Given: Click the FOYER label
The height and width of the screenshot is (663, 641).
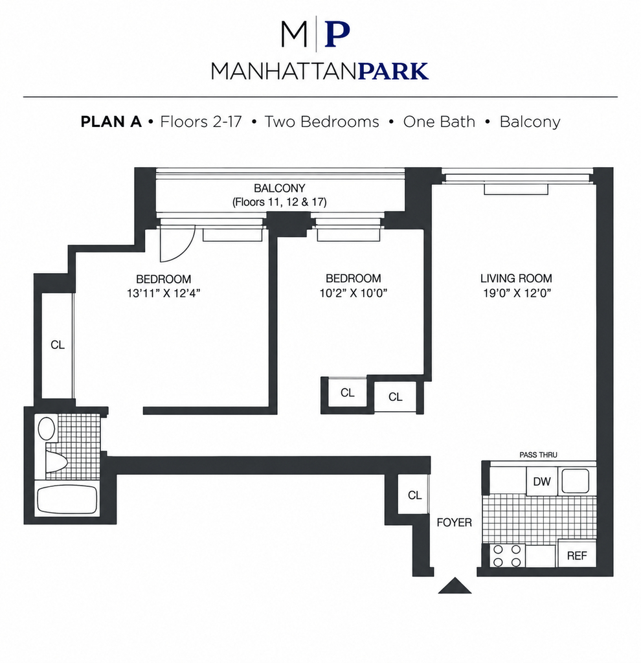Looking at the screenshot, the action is [454, 523].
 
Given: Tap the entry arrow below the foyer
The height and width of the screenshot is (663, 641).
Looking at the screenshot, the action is [455, 585].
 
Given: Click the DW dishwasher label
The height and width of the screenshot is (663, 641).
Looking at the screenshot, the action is [542, 481].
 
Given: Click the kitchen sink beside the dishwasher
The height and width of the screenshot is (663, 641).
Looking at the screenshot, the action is [576, 481].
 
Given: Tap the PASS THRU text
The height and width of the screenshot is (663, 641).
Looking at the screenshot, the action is [538, 455].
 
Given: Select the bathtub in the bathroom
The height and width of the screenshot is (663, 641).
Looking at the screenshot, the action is [67, 499].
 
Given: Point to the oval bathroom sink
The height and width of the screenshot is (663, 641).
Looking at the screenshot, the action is [47, 429].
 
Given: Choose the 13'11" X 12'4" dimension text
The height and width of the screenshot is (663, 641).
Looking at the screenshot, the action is [163, 293].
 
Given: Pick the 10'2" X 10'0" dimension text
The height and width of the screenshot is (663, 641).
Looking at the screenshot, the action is [354, 293].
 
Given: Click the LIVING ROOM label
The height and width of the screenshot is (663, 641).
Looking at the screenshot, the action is [516, 278].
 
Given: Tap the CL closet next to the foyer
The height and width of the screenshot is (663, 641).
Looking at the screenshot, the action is [414, 495].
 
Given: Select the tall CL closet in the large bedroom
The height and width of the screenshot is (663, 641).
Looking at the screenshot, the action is [58, 346].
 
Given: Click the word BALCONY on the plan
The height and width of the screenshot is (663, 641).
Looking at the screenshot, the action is [280, 188].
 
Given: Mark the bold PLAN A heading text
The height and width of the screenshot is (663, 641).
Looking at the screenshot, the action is [111, 122].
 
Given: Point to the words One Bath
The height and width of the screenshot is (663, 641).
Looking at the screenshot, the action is [439, 122].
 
